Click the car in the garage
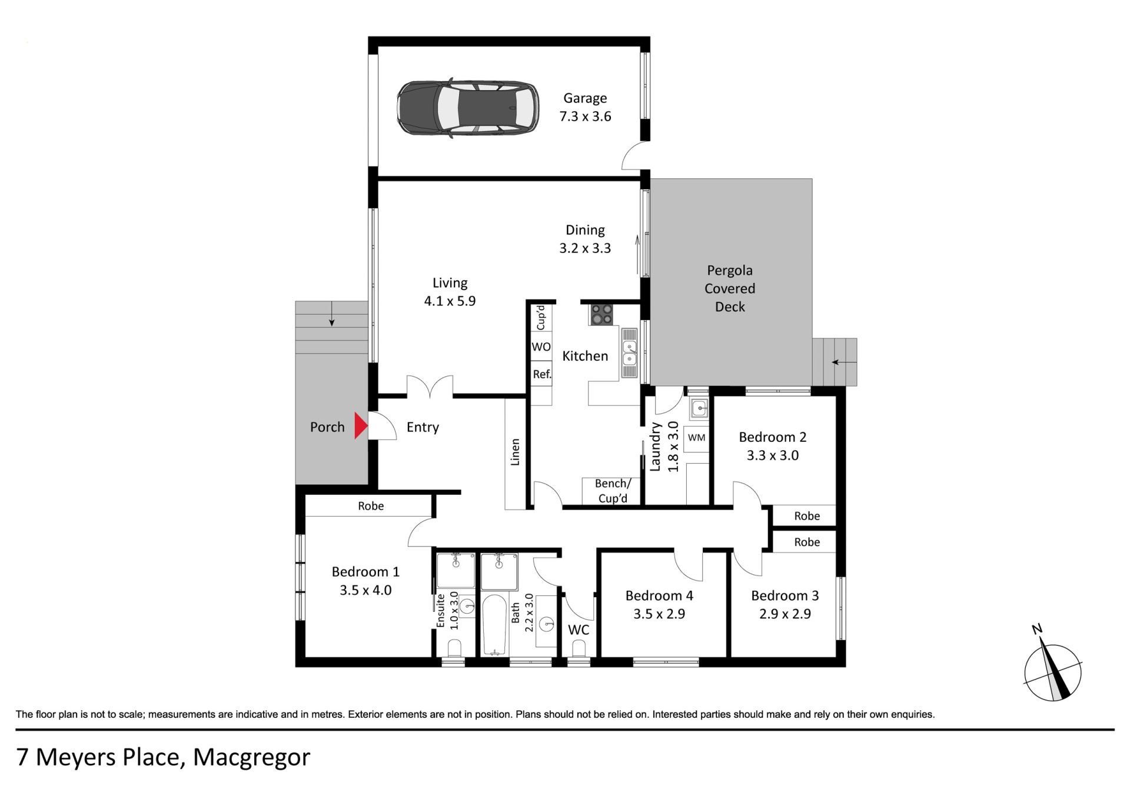[x=467, y=108]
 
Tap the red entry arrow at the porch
[x=361, y=425]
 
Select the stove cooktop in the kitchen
[x=601, y=315]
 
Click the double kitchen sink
[x=630, y=353]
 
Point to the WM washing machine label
[x=696, y=438]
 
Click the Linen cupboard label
[x=515, y=452]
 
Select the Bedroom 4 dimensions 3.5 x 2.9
[x=659, y=614]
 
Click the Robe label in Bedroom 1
[x=371, y=506]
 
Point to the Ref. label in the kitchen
[x=542, y=374]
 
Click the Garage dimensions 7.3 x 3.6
[x=585, y=116]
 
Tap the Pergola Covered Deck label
[x=730, y=288]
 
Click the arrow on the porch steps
[x=332, y=314]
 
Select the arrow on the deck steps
[x=843, y=362]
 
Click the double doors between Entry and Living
[x=430, y=387]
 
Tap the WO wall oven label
[x=541, y=347]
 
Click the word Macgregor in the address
[x=251, y=758]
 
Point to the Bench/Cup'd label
[x=613, y=491]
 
